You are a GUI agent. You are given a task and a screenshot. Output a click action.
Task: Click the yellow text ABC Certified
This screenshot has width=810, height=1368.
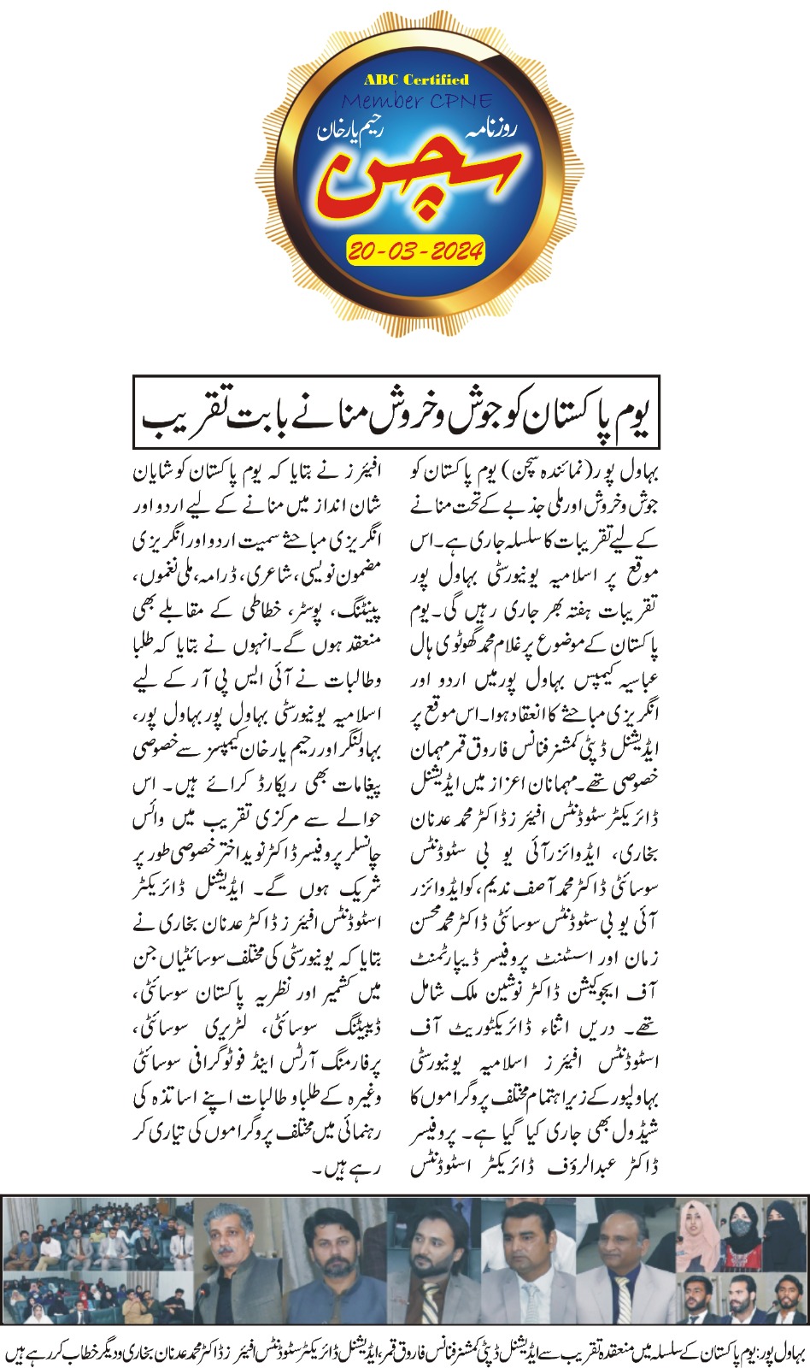416,80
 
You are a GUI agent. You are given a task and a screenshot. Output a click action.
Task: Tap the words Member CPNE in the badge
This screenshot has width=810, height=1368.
416,101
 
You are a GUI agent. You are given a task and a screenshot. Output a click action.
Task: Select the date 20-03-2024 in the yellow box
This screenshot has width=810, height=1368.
416,251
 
